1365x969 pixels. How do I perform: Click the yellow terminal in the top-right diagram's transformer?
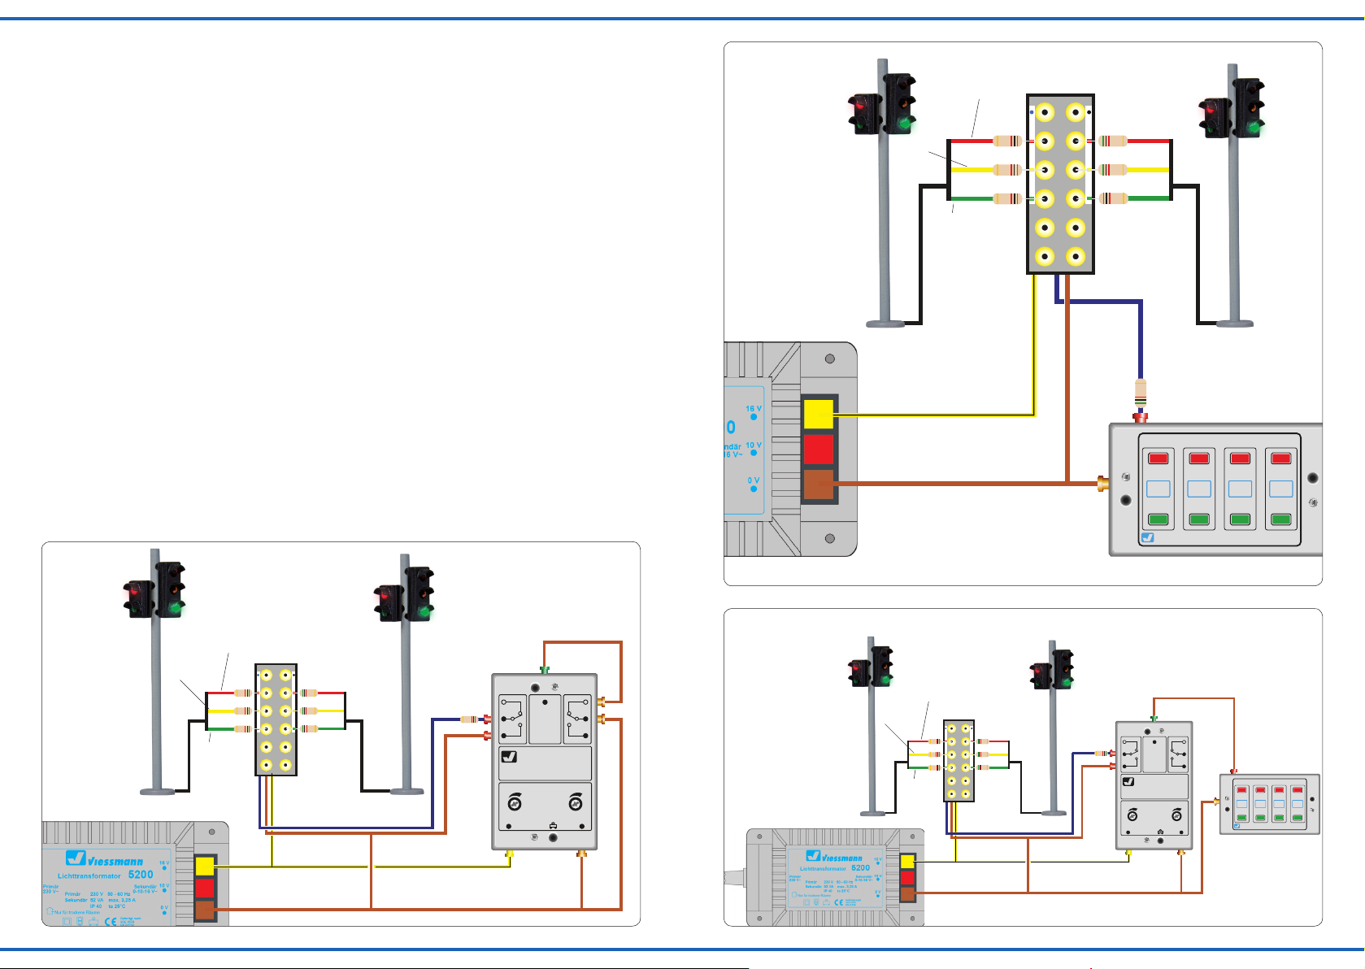819,414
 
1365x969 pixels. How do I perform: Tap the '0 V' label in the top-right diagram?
754,480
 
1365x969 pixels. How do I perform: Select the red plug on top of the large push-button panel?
1141,418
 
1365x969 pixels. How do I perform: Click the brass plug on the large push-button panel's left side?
1102,484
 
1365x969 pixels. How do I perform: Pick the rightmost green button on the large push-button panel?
1280,519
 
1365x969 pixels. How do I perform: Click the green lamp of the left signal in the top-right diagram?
902,124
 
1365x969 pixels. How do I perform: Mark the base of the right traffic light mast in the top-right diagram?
1234,323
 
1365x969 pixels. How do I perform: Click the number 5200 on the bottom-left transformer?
141,875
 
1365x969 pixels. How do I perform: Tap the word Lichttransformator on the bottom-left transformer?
89,876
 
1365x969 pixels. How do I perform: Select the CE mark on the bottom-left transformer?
111,922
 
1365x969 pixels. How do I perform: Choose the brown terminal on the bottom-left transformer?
205,910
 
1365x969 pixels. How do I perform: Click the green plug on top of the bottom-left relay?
545,671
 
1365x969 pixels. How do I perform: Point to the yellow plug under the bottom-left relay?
510,854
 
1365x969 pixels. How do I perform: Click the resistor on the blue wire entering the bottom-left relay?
469,719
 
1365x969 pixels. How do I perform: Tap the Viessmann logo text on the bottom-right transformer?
841,858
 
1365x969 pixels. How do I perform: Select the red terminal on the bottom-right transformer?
907,878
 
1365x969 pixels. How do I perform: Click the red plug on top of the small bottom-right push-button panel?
1234,771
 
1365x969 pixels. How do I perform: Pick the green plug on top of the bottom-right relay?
1154,719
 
